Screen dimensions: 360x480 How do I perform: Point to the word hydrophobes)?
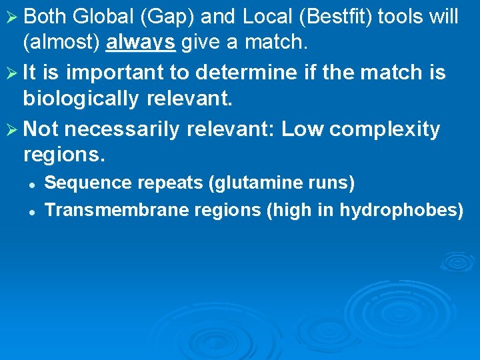[x=401, y=211]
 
